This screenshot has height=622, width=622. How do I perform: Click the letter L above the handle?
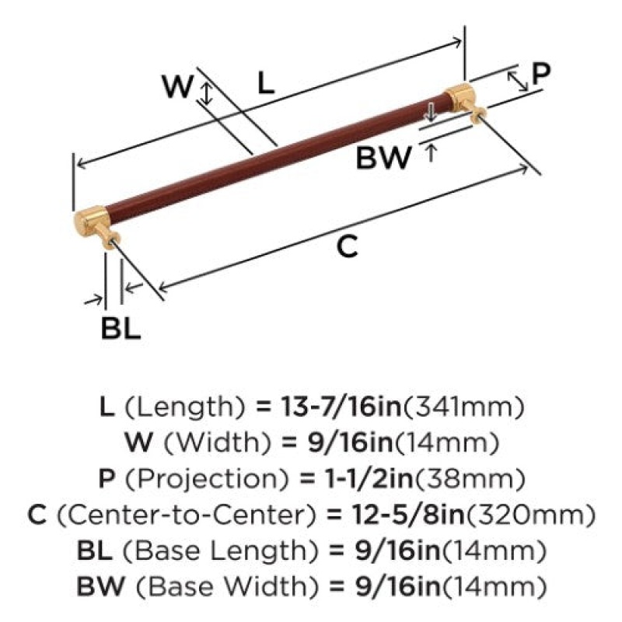pyautogui.click(x=266, y=83)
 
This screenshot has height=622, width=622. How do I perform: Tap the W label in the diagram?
pyautogui.click(x=178, y=87)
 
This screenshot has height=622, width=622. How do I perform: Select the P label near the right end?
pyautogui.click(x=541, y=73)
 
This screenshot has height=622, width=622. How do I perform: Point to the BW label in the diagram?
pyautogui.click(x=383, y=158)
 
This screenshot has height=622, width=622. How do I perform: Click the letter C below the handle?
pyautogui.click(x=347, y=246)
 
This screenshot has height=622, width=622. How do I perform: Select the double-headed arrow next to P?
pyautogui.click(x=518, y=82)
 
